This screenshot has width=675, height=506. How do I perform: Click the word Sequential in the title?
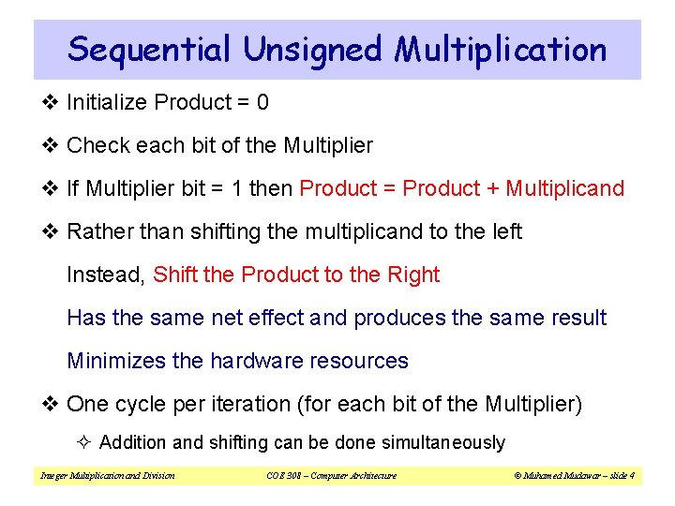click(x=147, y=49)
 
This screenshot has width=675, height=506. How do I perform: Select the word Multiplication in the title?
click(x=500, y=49)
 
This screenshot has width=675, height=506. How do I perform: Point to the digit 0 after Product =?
click(x=262, y=102)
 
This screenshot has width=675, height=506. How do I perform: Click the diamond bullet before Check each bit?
click(x=51, y=145)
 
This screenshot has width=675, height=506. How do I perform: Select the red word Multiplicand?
click(x=564, y=188)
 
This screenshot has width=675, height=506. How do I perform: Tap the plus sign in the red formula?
click(x=492, y=188)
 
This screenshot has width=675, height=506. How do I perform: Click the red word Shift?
click(x=174, y=275)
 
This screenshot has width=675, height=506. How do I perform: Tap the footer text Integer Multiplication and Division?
click(x=107, y=475)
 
